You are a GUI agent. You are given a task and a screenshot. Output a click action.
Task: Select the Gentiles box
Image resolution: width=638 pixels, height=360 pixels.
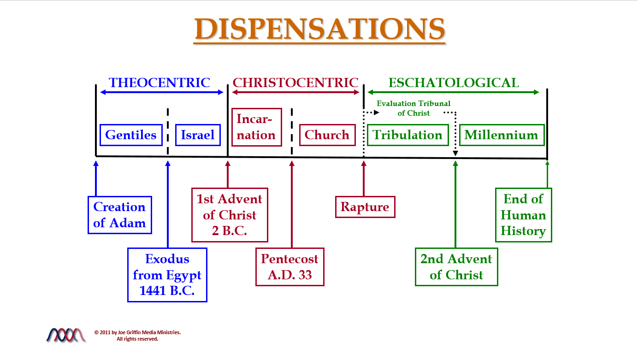131,135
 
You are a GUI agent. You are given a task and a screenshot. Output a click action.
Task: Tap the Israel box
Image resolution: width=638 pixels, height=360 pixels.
198,135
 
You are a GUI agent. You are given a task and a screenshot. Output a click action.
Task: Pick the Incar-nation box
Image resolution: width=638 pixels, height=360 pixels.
256,127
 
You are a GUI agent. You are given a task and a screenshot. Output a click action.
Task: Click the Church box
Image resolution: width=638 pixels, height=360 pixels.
327,135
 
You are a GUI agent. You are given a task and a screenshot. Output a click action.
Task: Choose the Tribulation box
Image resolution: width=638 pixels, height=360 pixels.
408,135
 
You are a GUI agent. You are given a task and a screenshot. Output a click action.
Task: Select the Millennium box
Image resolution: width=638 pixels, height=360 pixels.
502,135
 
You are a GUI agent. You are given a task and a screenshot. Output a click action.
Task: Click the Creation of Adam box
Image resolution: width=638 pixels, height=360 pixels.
119,215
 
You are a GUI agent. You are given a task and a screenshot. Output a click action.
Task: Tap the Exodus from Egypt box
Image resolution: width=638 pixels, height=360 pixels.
167,275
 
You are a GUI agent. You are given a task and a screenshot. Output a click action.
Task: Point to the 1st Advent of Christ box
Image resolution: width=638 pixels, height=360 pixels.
229,215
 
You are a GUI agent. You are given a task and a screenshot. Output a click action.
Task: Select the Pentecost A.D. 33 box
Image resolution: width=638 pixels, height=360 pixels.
289,267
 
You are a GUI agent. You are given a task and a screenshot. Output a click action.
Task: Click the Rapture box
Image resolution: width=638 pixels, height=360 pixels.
365,207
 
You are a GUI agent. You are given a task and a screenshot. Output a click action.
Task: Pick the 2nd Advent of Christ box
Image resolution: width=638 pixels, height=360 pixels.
456,267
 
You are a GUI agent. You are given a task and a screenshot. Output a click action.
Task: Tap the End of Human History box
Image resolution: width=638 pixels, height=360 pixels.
523,215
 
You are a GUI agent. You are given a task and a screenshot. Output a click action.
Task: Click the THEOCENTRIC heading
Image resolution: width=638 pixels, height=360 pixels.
159,83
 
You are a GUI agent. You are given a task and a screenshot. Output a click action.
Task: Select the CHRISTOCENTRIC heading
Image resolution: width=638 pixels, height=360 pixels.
295,83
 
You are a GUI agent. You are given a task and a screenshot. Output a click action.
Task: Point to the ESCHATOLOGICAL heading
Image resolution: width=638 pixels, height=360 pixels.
454,83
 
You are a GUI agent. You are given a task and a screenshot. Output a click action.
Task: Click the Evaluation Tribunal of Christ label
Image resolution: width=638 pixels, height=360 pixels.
414,108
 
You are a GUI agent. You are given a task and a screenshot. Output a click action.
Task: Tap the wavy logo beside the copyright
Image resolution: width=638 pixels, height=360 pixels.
66,335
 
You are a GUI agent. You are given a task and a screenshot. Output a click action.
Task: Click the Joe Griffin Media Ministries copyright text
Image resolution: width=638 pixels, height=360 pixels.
137,335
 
